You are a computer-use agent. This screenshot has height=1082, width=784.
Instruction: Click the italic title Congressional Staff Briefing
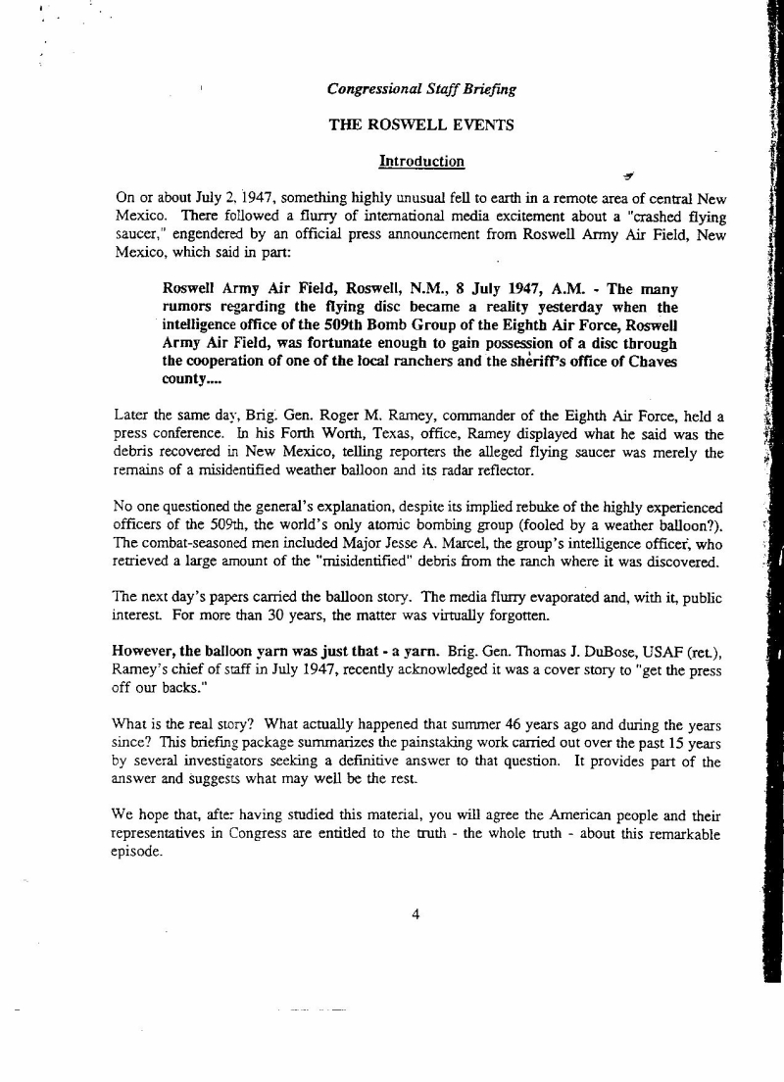(x=422, y=90)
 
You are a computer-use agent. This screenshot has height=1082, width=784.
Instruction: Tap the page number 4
(x=416, y=914)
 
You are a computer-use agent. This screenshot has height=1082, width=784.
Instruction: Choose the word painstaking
(x=416, y=742)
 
